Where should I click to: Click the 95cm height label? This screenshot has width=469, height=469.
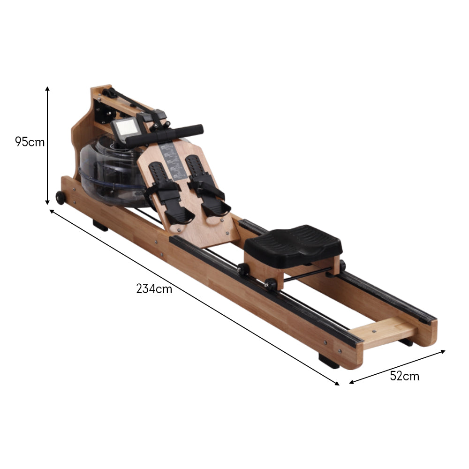tap(30, 142)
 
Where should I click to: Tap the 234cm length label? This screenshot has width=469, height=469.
tap(154, 289)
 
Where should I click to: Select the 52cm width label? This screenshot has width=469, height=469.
tap(404, 376)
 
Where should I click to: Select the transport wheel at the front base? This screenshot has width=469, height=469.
tap(60, 198)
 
